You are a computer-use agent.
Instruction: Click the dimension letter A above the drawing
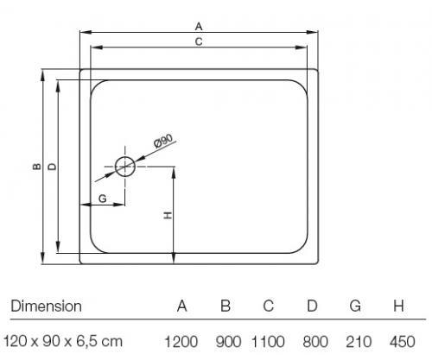coord(199,27)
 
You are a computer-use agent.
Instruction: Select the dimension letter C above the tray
coord(199,41)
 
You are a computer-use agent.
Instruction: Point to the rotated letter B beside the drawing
coord(37,167)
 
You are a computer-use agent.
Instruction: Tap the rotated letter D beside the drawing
coord(53,167)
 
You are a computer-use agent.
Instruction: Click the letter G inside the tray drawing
coord(103,199)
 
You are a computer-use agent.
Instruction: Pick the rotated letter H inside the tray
coord(168,215)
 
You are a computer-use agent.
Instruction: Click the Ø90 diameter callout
coord(163,141)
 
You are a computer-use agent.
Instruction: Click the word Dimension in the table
coord(46,306)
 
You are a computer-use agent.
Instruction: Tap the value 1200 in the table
coord(181,342)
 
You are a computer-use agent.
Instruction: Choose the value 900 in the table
coord(228,342)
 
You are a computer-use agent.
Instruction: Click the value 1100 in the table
coord(268,342)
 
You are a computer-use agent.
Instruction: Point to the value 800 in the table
coord(315,342)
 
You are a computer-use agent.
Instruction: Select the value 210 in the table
coord(359,342)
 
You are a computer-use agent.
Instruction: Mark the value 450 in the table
coord(402,342)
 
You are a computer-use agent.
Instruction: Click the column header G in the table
coord(355,306)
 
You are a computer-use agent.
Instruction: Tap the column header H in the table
coord(398,306)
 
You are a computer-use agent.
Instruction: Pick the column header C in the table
coord(268,306)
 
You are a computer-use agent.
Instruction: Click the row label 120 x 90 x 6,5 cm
coord(63,342)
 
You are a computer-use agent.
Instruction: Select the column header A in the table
coord(181,306)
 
